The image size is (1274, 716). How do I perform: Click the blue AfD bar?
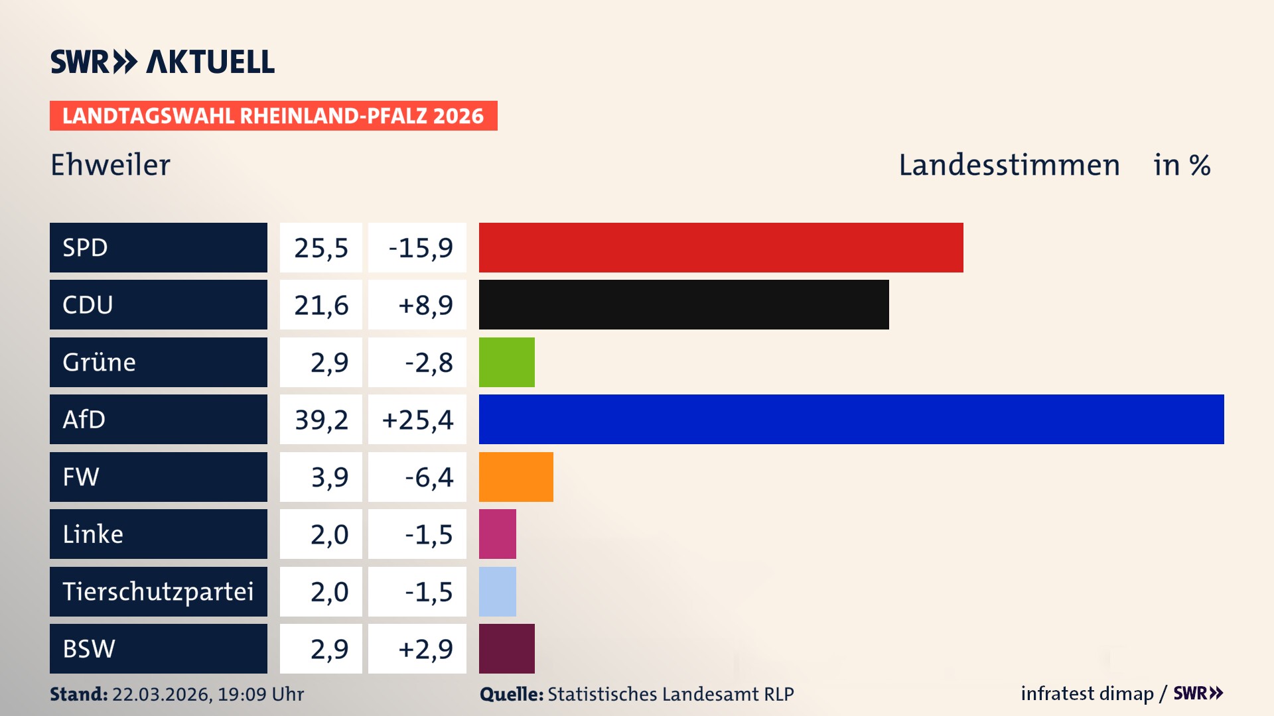coord(851,419)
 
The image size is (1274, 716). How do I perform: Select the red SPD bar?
coord(721,247)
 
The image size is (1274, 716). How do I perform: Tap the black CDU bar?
coord(683,304)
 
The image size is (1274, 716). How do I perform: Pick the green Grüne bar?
coord(506,362)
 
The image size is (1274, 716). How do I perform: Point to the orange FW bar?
coord(516,477)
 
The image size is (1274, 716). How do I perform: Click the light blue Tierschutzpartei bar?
coord(497,591)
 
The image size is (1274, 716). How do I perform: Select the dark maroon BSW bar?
coord(506,648)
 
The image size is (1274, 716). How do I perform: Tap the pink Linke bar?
coord(497,534)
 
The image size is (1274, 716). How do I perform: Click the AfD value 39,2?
coord(321,420)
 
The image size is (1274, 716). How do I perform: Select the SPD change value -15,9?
coord(420,248)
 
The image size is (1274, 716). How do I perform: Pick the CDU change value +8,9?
coord(425,305)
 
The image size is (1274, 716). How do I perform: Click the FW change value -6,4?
coord(429,477)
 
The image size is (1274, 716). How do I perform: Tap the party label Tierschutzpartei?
coord(158,591)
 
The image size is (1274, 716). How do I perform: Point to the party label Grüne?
coord(99,362)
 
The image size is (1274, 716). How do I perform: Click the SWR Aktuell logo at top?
coord(162,62)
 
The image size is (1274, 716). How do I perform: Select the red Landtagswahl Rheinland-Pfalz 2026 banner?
coord(273,115)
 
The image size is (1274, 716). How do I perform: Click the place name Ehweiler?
coord(110,165)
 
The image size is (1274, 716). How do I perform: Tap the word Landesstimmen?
coord(1009,165)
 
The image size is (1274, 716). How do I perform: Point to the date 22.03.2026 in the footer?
coord(161,694)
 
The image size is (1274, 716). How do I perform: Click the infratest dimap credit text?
coord(1086,693)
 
